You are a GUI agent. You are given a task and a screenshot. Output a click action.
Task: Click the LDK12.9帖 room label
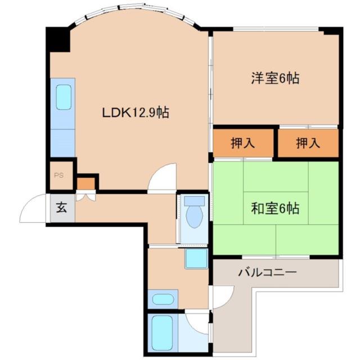(x=136, y=112)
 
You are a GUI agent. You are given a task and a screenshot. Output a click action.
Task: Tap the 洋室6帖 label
(x=275, y=78)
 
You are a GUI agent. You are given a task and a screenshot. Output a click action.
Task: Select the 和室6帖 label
(x=275, y=208)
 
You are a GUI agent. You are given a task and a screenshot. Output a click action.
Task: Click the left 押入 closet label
(x=242, y=143)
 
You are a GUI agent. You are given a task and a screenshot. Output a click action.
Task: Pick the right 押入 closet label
(x=308, y=143)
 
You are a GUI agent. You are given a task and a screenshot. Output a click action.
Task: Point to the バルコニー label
(x=268, y=273)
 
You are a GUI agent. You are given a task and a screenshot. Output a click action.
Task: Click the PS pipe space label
(x=58, y=175)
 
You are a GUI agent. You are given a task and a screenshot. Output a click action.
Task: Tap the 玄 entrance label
(x=61, y=208)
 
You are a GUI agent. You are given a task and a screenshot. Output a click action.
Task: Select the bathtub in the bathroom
(x=162, y=332)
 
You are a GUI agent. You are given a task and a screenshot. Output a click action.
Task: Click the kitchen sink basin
(x=64, y=97)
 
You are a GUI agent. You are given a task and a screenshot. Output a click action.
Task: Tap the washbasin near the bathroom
(x=163, y=299)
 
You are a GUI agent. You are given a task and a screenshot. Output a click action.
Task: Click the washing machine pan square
(x=196, y=259)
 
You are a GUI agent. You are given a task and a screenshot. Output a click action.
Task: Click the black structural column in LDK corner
(x=58, y=39)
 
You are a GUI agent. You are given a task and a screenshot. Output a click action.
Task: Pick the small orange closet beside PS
(x=85, y=184)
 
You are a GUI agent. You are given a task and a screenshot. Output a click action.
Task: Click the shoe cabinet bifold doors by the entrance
(x=85, y=197)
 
